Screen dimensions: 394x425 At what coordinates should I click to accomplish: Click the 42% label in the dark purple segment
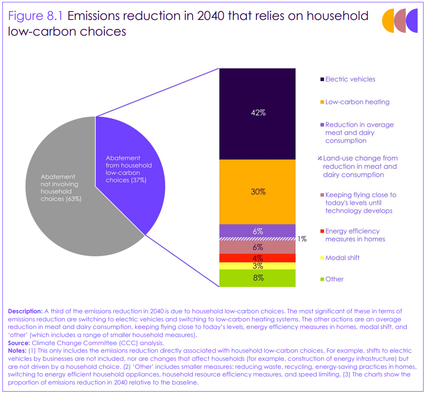click(x=258, y=113)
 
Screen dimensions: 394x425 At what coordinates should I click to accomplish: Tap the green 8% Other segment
click(x=258, y=278)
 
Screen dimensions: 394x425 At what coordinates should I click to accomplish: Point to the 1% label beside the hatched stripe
click(x=302, y=239)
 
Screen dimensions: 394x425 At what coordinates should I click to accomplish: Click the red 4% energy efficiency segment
click(x=258, y=258)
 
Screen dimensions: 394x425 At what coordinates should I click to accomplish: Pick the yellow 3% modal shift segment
click(x=258, y=266)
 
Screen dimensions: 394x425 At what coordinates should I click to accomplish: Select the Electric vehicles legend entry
click(x=350, y=79)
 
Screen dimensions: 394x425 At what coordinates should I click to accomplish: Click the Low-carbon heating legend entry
click(x=357, y=102)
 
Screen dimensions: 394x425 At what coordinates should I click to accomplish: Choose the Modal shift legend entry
click(x=342, y=257)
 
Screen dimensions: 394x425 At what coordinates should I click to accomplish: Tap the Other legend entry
click(x=334, y=279)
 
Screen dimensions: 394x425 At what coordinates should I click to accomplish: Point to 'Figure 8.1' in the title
click(x=36, y=16)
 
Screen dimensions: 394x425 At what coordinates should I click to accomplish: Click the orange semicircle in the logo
click(x=389, y=20)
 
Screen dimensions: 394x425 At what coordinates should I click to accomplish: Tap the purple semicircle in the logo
click(x=413, y=20)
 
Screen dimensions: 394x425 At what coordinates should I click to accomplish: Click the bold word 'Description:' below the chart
click(x=25, y=311)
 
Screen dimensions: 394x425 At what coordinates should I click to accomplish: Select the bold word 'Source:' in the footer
click(x=18, y=343)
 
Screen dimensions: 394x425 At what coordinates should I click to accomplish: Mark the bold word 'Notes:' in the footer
click(x=18, y=351)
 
